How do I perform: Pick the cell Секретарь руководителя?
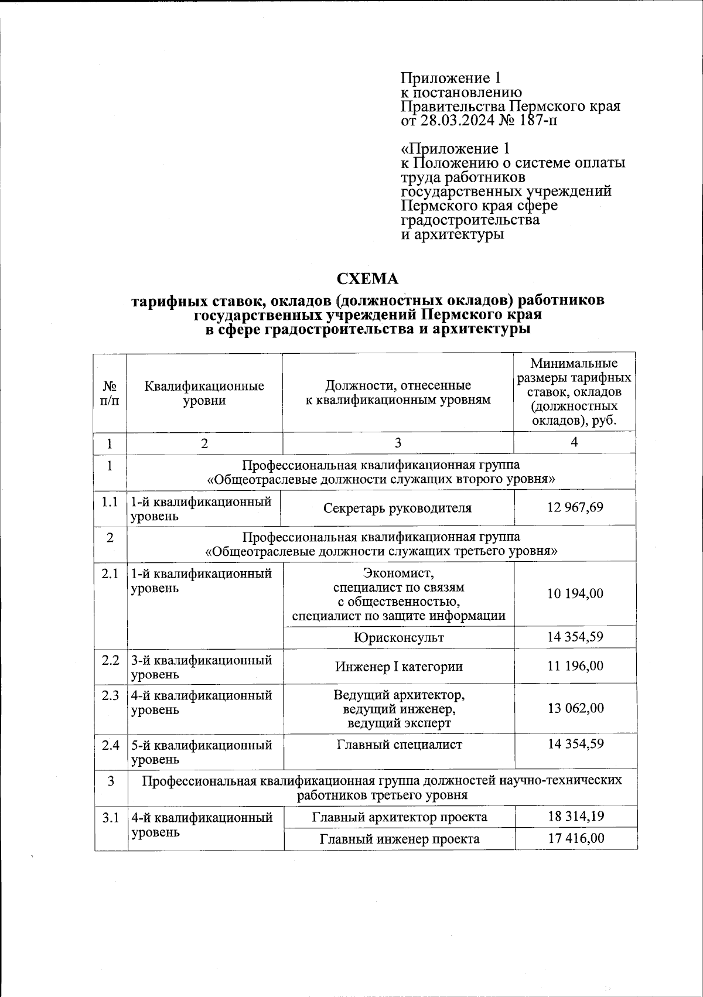tap(397, 508)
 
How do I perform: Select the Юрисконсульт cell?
tap(398, 637)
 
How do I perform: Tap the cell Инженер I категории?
tap(398, 667)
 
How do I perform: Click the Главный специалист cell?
tap(398, 745)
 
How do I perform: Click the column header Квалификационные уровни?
tap(204, 393)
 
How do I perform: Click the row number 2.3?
tap(110, 695)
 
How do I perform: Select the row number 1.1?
tap(110, 502)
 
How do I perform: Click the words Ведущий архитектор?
tap(398, 695)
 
